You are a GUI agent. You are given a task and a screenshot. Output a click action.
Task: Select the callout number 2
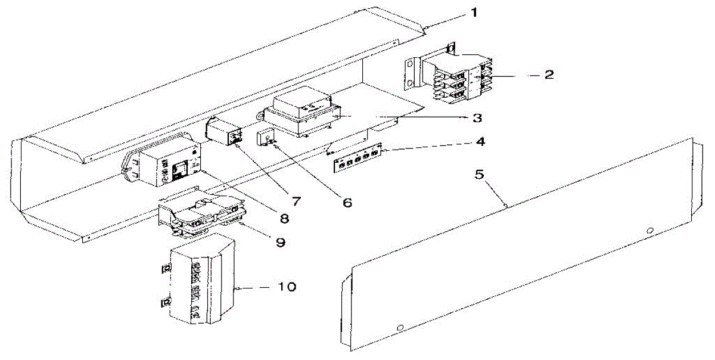pyautogui.click(x=549, y=75)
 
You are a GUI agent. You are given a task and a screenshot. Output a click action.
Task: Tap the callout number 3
pyautogui.click(x=475, y=118)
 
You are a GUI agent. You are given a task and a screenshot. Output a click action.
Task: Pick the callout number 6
pyautogui.click(x=347, y=202)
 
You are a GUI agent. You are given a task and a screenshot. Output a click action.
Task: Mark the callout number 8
pyautogui.click(x=284, y=218)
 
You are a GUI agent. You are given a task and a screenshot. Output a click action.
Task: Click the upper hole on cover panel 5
pyautogui.click(x=650, y=230)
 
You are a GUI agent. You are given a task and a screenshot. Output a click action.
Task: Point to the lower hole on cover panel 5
pyautogui.click(x=400, y=327)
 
